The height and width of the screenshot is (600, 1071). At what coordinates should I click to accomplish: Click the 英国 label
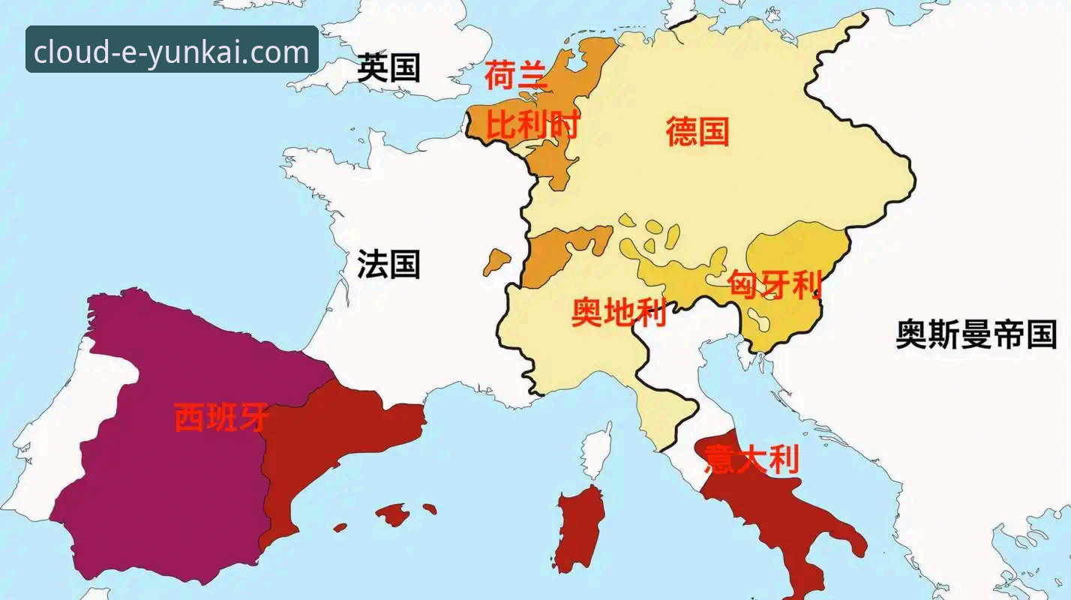388,68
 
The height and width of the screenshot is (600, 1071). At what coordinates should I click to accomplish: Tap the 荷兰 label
517,76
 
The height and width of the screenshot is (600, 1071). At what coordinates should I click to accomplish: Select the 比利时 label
532,124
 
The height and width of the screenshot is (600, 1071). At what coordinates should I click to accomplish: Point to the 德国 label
697,132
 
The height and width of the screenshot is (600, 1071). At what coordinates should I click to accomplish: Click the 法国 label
388,265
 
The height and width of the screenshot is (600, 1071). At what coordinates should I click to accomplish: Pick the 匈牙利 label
775,285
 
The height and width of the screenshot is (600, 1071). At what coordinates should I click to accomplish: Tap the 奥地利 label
619,312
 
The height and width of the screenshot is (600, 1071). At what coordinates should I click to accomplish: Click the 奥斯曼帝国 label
976,334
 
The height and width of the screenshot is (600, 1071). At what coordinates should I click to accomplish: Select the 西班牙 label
221,418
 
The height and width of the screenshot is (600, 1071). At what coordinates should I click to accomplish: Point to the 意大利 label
751,459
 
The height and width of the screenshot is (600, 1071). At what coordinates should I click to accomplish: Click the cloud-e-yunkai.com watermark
172,50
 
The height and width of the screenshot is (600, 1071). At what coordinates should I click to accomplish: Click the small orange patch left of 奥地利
495,262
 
